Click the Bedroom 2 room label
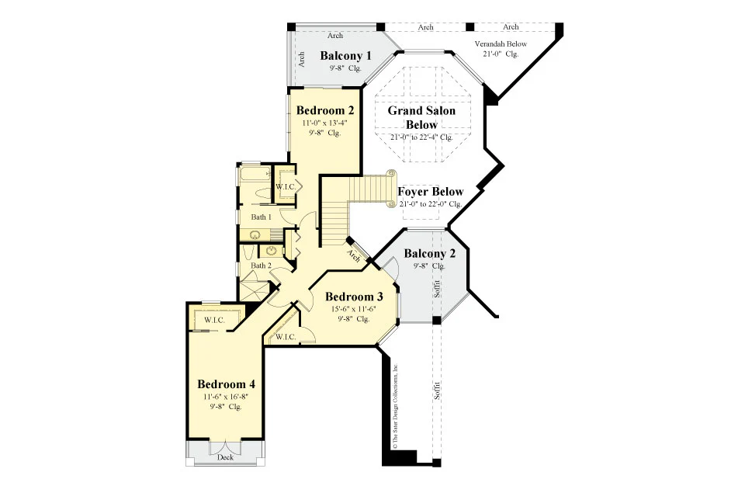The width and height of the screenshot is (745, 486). point(325,110)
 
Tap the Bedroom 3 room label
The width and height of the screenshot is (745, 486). point(354,297)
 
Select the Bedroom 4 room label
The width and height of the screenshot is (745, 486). point(226,384)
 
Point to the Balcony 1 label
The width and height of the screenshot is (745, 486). point(345,56)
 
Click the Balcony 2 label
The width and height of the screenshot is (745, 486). point(429,253)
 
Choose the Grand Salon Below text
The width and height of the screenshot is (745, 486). point(421,117)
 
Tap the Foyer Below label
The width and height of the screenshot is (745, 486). point(431,192)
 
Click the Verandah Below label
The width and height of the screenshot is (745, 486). point(501,43)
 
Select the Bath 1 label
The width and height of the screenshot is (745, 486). point(262,217)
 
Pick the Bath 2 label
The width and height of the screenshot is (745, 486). point(262,266)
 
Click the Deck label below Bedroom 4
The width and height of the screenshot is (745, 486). point(225,457)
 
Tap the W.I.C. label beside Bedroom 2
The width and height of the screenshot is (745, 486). point(286,187)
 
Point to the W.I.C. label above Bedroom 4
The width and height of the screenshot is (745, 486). point(215,320)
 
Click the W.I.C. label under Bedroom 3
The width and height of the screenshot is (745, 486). point(286,337)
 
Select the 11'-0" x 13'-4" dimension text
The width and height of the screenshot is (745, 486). point(325,123)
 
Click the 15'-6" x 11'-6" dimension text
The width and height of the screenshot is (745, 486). point(354,309)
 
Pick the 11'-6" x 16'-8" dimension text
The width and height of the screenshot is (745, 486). point(226,396)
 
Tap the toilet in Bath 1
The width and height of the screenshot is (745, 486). point(262,194)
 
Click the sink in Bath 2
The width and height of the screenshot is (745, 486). point(272,251)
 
